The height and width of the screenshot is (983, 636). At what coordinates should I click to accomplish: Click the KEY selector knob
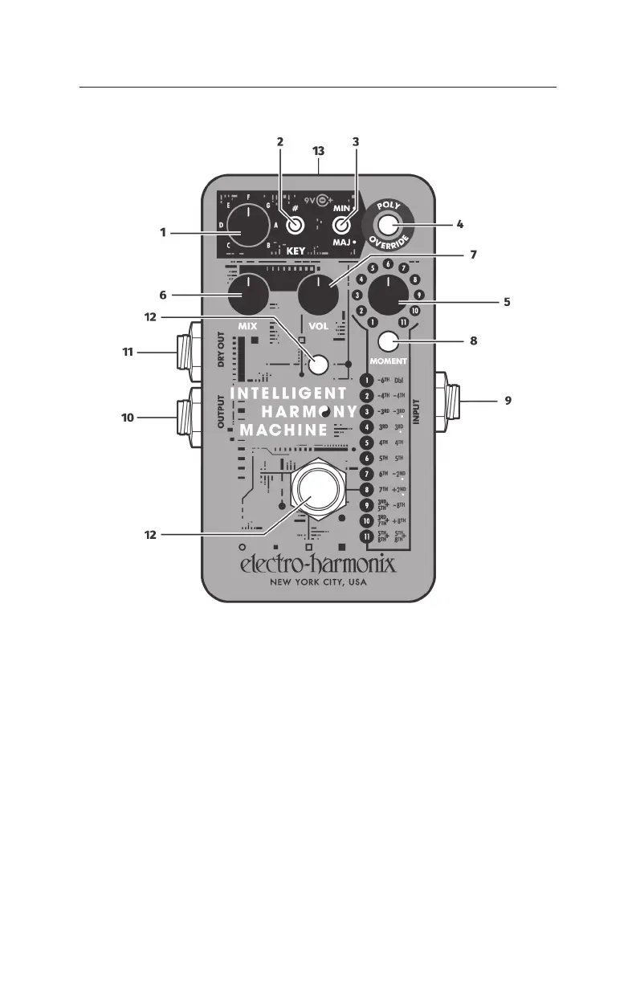tap(249, 226)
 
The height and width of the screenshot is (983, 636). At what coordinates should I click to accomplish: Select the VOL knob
tap(318, 295)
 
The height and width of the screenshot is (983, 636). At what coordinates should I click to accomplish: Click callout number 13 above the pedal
tap(319, 151)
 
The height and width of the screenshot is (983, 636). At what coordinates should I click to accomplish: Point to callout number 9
tap(507, 399)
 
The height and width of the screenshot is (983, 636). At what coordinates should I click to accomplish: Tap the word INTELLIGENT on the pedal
tap(288, 394)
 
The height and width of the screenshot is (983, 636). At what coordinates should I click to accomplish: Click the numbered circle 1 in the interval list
tap(367, 380)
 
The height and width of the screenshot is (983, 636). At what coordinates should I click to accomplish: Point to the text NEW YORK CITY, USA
tap(320, 584)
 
